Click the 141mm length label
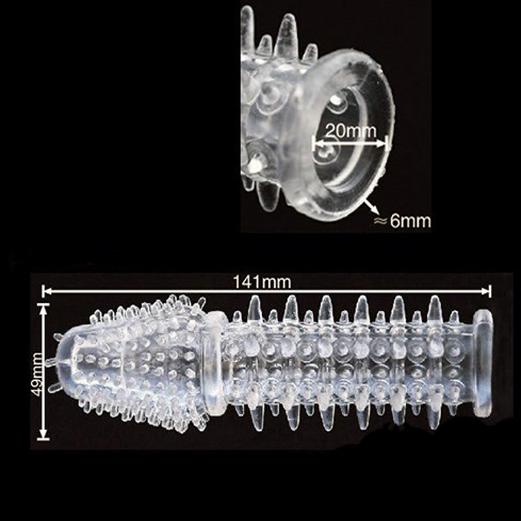[x=262, y=282]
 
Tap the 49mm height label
[x=36, y=374]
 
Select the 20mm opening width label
[x=351, y=131]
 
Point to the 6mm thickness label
[x=410, y=221]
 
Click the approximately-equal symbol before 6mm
[x=381, y=221]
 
